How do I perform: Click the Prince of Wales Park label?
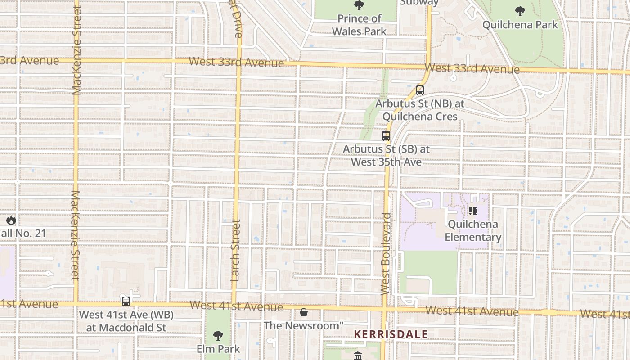[359, 25]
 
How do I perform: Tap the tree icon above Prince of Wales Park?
[359, 5]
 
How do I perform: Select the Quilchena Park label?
[520, 24]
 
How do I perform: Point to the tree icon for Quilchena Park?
[520, 11]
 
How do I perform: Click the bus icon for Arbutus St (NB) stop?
[420, 90]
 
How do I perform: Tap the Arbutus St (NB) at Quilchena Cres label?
[420, 110]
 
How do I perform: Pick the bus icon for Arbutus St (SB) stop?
[386, 135]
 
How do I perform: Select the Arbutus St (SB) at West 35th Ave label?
[386, 155]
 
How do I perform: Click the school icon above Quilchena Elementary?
[472, 211]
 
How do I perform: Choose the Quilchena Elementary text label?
[473, 231]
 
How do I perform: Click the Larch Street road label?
[235, 250]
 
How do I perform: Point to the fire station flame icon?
[11, 220]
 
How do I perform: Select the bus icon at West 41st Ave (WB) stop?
[126, 301]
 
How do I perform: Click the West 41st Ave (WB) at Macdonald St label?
[126, 321]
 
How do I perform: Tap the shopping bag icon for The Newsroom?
[304, 312]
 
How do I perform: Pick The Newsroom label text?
[304, 325]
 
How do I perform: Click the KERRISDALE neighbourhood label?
[391, 334]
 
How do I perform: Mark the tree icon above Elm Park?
[218, 335]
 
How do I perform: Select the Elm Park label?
[218, 349]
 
